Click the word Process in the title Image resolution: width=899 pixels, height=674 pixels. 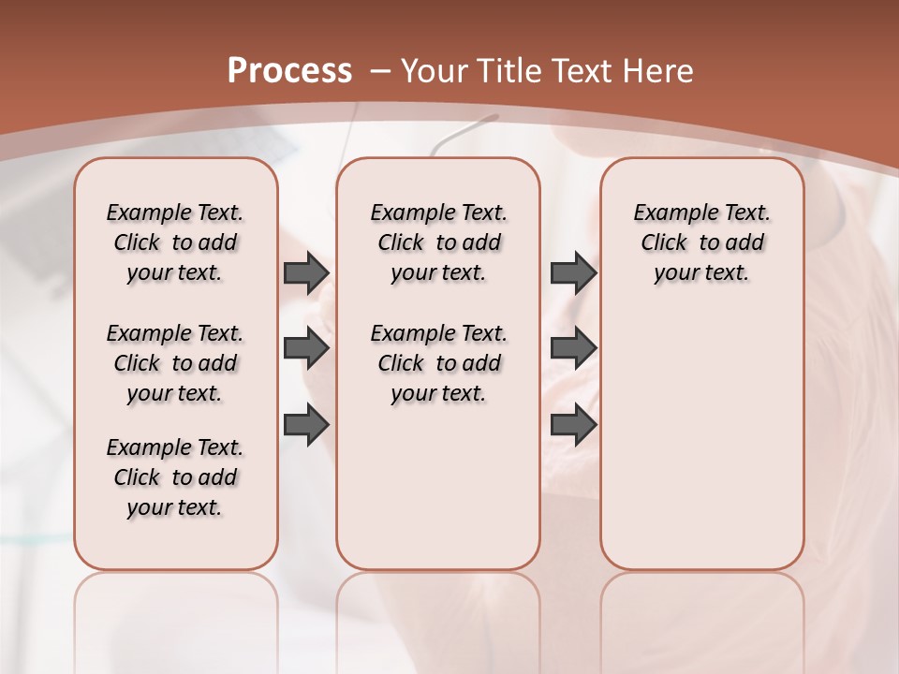[289, 70]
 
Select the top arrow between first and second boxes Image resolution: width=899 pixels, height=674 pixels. [305, 272]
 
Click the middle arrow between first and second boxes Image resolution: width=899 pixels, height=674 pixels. [305, 348]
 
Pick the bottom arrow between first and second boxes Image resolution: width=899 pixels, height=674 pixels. [305, 425]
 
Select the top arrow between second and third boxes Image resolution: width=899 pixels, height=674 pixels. [573, 272]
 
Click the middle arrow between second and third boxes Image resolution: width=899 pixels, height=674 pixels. [573, 348]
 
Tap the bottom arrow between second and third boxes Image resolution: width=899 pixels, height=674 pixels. [573, 425]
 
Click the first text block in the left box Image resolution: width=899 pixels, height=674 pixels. [175, 242]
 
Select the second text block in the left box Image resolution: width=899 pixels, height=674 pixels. [175, 363]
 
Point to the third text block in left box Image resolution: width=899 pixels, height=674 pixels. [175, 477]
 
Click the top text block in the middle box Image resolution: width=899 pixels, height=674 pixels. [438, 242]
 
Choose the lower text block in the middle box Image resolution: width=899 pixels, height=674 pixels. [438, 363]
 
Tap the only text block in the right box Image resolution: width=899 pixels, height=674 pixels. [701, 242]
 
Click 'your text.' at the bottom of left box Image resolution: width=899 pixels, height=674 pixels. [175, 507]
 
